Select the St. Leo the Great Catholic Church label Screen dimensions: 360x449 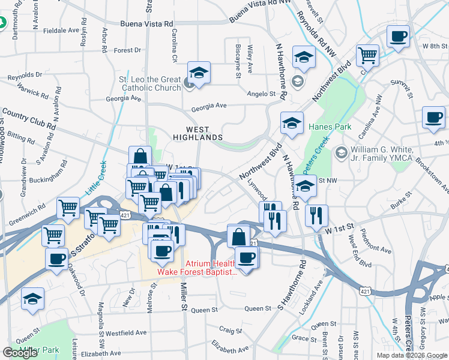150,83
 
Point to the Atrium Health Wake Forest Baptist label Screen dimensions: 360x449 196,268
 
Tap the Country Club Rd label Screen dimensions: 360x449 28,119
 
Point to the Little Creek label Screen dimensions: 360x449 95,176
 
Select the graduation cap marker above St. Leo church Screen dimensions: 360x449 199,73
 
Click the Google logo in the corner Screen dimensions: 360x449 20,353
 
